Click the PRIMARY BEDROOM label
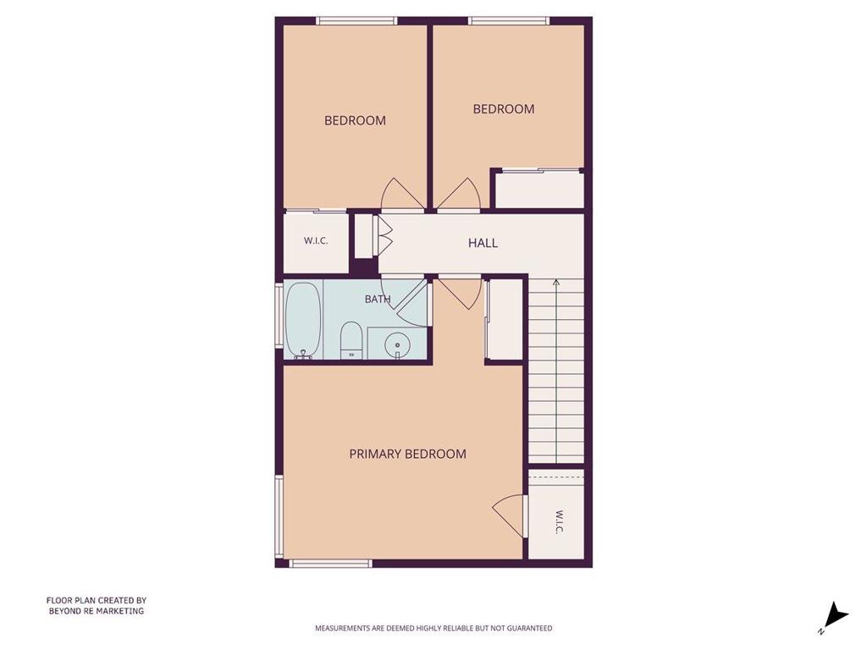[x=407, y=454]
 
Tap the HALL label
[x=483, y=243]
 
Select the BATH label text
[x=378, y=299]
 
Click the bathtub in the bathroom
[x=303, y=321]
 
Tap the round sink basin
[x=397, y=345]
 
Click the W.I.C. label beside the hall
[x=316, y=241]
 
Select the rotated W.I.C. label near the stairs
[x=559, y=521]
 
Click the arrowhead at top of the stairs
[x=556, y=283]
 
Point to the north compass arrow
[x=837, y=614]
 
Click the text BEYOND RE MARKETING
[x=97, y=611]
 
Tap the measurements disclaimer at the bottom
[x=433, y=628]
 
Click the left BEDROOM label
[x=355, y=120]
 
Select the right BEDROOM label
[x=504, y=109]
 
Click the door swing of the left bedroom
[x=400, y=194]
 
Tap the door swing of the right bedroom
[x=460, y=194]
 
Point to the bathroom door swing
[x=412, y=302]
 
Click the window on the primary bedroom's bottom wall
[x=330, y=563]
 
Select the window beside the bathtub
[x=279, y=316]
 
